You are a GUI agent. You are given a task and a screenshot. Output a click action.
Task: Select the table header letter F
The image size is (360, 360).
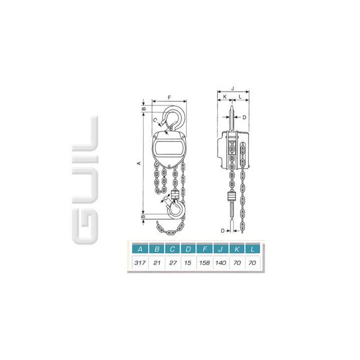[x=204, y=248]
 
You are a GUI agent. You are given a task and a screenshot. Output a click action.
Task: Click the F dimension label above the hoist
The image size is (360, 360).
[x=169, y=96]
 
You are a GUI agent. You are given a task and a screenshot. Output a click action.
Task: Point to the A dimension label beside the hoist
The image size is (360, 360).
[x=140, y=163]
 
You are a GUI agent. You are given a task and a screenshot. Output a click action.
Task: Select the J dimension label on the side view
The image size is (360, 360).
[x=232, y=87]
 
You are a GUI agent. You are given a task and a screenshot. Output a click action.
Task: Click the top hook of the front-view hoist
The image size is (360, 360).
[x=174, y=116]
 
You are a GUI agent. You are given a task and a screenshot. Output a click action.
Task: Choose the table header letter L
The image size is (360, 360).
[x=254, y=248]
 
